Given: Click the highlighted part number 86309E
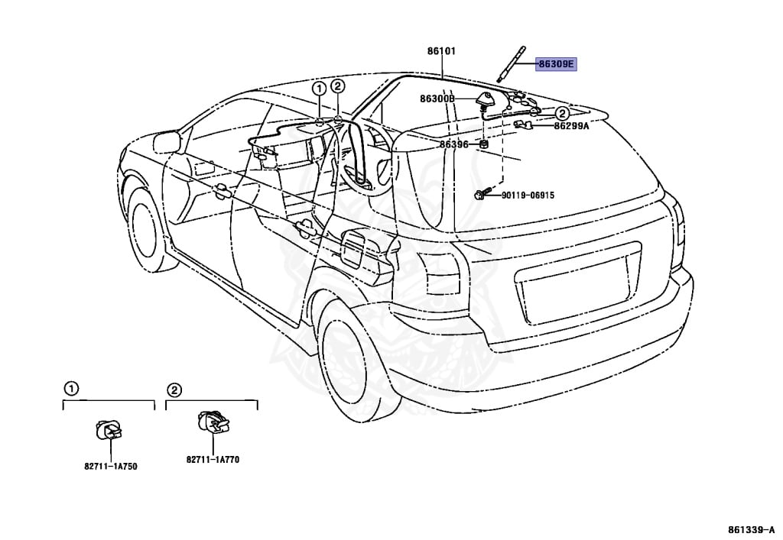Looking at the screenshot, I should [555, 65].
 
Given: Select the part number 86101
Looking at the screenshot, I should [441, 51].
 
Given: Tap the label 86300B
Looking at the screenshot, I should [437, 99].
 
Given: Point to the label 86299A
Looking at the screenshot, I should [571, 126].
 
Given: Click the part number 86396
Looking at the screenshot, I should [453, 144].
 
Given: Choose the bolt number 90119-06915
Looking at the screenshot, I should [528, 196].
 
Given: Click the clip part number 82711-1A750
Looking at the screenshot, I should [111, 466].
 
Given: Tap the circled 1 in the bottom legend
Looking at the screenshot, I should [70, 389].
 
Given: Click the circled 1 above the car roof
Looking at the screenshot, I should [318, 89].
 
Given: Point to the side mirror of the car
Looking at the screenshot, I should [166, 141].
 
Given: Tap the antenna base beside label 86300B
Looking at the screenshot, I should [485, 99].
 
